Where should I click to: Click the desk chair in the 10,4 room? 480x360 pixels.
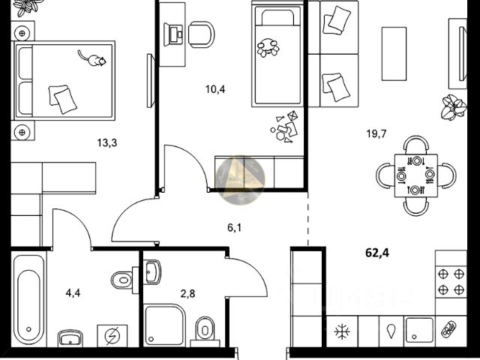point(200,33)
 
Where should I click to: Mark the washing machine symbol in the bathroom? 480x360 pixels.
point(112,336)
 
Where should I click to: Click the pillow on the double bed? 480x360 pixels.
point(60,95)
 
